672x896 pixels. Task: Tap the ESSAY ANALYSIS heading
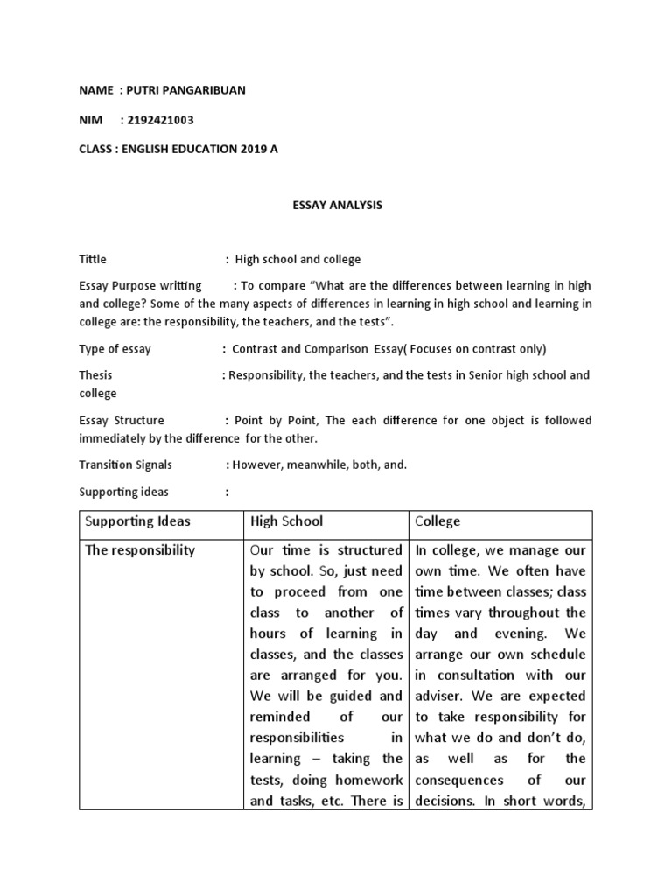(x=336, y=206)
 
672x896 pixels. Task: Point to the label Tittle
(x=93, y=259)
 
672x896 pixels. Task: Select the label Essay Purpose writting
(x=140, y=285)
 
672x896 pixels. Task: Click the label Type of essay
(x=115, y=349)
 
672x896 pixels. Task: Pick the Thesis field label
(x=95, y=375)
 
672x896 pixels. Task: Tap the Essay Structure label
(x=122, y=420)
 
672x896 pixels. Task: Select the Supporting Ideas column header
(x=137, y=521)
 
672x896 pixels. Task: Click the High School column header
(x=286, y=521)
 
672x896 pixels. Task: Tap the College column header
(x=437, y=521)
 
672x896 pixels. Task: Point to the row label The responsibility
(x=140, y=550)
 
